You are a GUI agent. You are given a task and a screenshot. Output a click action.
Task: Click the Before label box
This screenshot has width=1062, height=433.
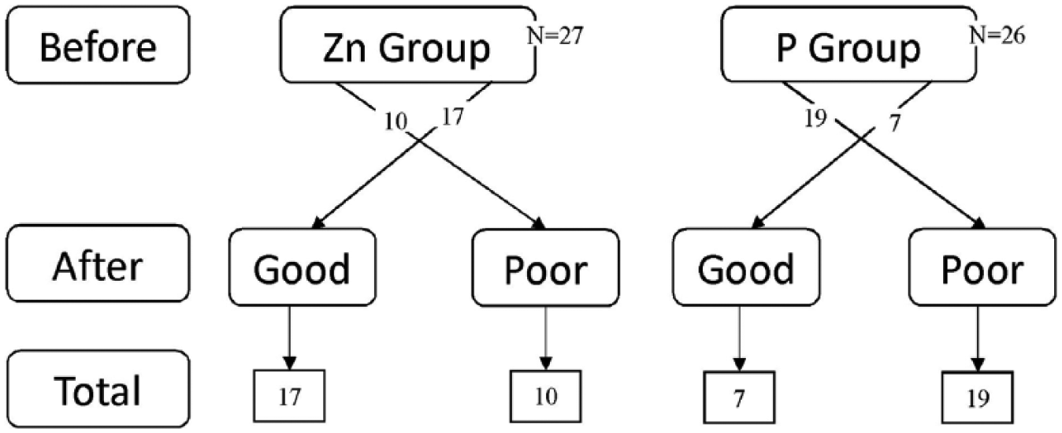coord(98,45)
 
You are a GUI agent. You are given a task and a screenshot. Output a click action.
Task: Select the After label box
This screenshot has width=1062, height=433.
coord(98,263)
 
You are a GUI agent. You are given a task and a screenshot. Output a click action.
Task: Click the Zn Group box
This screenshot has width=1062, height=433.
coord(408,45)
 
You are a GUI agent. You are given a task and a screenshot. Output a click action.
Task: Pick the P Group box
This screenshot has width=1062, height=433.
coord(849,45)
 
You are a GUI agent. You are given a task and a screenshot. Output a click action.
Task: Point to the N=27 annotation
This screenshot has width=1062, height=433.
coord(555,36)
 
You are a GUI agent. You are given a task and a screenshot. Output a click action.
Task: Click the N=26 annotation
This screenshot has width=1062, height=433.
coord(997,35)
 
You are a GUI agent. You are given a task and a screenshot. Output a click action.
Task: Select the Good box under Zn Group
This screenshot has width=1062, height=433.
coord(303,267)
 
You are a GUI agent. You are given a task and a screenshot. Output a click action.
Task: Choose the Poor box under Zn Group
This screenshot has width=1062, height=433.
coord(546,268)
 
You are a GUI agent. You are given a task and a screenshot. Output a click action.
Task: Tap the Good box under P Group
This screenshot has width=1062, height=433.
coord(746,267)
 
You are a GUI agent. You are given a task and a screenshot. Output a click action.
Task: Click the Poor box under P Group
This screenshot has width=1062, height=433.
coord(982,267)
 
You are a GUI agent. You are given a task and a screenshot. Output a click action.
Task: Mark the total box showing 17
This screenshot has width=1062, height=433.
coord(289,396)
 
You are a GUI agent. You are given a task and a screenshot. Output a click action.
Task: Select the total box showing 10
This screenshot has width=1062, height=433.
coord(546,396)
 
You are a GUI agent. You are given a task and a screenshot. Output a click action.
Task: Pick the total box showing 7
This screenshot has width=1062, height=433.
coord(739,397)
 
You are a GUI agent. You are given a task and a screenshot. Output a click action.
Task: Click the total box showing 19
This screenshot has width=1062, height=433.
coord(978,398)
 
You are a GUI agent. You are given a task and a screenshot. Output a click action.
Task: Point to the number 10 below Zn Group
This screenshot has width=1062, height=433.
coord(395,121)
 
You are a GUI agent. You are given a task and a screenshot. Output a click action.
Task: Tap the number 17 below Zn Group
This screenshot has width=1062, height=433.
coord(452,117)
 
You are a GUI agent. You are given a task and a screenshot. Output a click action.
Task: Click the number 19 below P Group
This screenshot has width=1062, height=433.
coord(815,118)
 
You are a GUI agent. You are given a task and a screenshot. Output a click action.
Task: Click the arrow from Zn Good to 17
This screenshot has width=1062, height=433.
coord(290,338)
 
